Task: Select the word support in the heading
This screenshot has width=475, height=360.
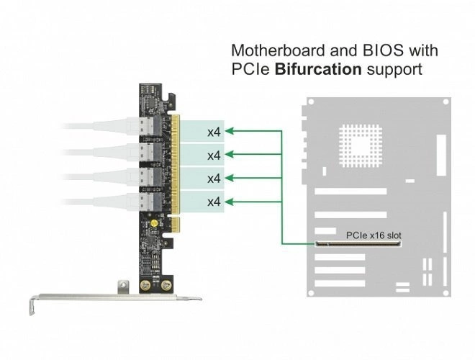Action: point(394,70)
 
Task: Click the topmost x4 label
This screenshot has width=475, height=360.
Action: point(214,132)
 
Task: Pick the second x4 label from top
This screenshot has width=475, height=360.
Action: point(214,156)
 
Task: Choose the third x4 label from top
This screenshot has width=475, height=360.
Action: point(214,178)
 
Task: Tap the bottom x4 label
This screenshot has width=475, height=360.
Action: point(214,202)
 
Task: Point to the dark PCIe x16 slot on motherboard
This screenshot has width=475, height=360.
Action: point(358,245)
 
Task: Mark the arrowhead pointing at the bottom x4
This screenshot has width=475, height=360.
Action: point(234,202)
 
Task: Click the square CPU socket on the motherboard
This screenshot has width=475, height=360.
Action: point(361,143)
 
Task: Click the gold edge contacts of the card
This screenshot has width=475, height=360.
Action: point(173,166)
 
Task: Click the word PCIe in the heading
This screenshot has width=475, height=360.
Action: point(250,70)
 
